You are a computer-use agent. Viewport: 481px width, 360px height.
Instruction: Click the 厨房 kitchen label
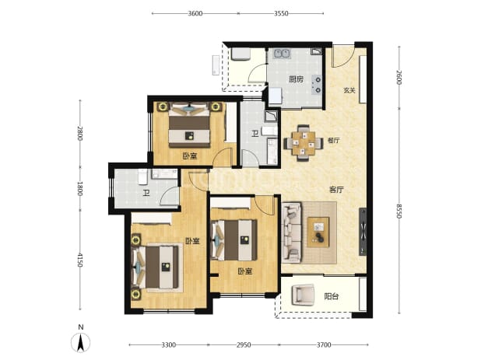(296, 79)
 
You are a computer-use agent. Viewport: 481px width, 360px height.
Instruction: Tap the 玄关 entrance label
(349, 90)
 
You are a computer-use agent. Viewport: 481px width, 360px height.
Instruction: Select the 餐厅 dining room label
(333, 141)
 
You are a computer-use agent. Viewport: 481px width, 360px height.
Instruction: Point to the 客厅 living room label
(336, 190)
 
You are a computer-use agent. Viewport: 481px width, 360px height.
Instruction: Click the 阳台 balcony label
(332, 296)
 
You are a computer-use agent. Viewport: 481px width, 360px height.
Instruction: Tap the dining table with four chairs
(304, 143)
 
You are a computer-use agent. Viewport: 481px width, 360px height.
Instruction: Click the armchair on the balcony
(303, 295)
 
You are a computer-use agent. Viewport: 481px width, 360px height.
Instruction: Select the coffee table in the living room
(318, 232)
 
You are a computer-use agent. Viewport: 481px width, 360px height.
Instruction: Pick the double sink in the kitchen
(283, 54)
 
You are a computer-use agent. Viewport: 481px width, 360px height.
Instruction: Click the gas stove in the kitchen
(317, 85)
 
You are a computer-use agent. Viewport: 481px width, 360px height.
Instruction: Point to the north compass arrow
(81, 343)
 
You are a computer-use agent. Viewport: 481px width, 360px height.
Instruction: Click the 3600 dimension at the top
(195, 13)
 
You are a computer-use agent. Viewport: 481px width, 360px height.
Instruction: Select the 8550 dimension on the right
(398, 211)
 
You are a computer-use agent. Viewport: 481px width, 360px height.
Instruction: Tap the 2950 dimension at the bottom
(244, 345)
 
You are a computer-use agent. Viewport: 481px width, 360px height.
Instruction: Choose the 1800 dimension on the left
(80, 189)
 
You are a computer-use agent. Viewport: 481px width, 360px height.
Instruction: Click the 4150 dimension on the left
(80, 260)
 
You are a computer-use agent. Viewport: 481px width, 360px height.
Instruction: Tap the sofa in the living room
(292, 232)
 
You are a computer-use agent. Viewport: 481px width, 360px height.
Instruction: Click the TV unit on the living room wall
(363, 232)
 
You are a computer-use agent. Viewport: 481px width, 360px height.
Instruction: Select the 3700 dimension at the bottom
(324, 345)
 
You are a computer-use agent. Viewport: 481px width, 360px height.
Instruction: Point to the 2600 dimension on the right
(398, 78)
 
